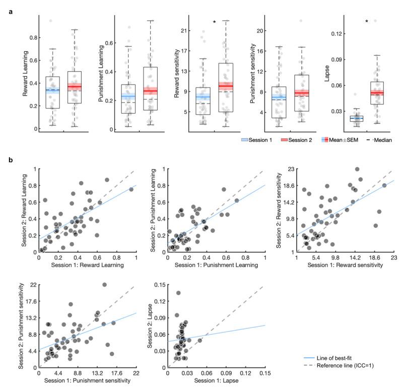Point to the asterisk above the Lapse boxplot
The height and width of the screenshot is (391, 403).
coord(367,22)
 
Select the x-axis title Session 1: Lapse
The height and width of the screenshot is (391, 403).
coord(215,380)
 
